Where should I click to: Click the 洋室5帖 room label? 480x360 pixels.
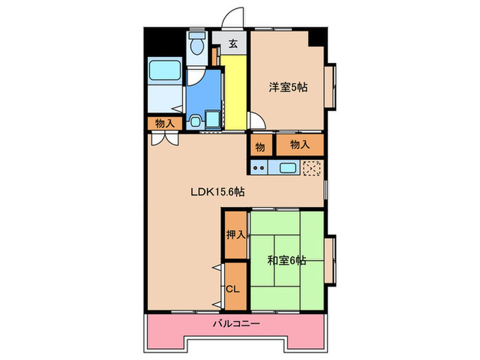coord(287,87)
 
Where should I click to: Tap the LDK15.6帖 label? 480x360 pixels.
coord(217,193)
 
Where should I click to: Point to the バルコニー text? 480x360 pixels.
coord(235,322)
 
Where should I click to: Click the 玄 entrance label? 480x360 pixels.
coord(233,44)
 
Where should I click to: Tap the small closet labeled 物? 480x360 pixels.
coord(261,145)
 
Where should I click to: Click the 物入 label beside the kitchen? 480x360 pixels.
coord(300,145)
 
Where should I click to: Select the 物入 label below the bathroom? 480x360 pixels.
coord(164,123)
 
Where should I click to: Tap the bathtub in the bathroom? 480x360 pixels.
coord(164,71)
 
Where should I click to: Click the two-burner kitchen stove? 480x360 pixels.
coord(260,167)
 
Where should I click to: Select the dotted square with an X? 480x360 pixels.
coord(312,167)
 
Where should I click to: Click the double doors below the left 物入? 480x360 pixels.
coord(164,137)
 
